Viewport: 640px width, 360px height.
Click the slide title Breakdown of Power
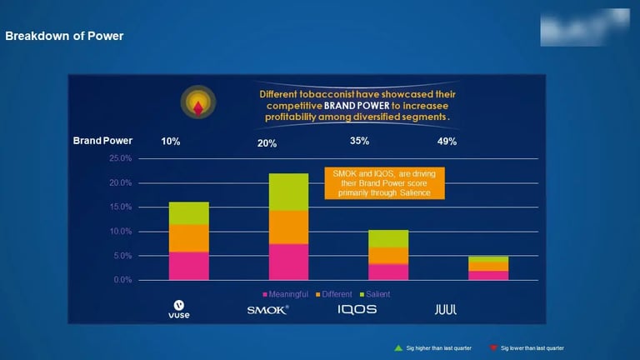(x=64, y=36)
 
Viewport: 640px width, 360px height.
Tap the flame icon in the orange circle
(x=197, y=104)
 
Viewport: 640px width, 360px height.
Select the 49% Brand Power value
(x=447, y=142)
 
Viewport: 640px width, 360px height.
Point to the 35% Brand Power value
(x=359, y=141)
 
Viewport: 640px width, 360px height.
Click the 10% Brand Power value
(x=171, y=142)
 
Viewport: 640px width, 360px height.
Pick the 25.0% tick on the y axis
(x=121, y=158)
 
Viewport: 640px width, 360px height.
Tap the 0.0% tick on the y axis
(x=122, y=280)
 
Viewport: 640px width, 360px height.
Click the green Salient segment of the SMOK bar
(x=288, y=192)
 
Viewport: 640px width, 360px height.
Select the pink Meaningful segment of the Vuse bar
(x=189, y=266)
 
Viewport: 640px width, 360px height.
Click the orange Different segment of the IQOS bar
(x=388, y=255)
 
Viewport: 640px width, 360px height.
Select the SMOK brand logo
(x=267, y=309)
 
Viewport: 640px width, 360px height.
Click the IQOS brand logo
(x=357, y=309)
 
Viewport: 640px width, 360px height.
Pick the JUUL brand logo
(x=446, y=309)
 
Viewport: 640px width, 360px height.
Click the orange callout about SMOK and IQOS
(x=383, y=183)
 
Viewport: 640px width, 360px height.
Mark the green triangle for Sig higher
(x=398, y=347)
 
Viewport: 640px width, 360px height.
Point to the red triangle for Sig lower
(x=493, y=347)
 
